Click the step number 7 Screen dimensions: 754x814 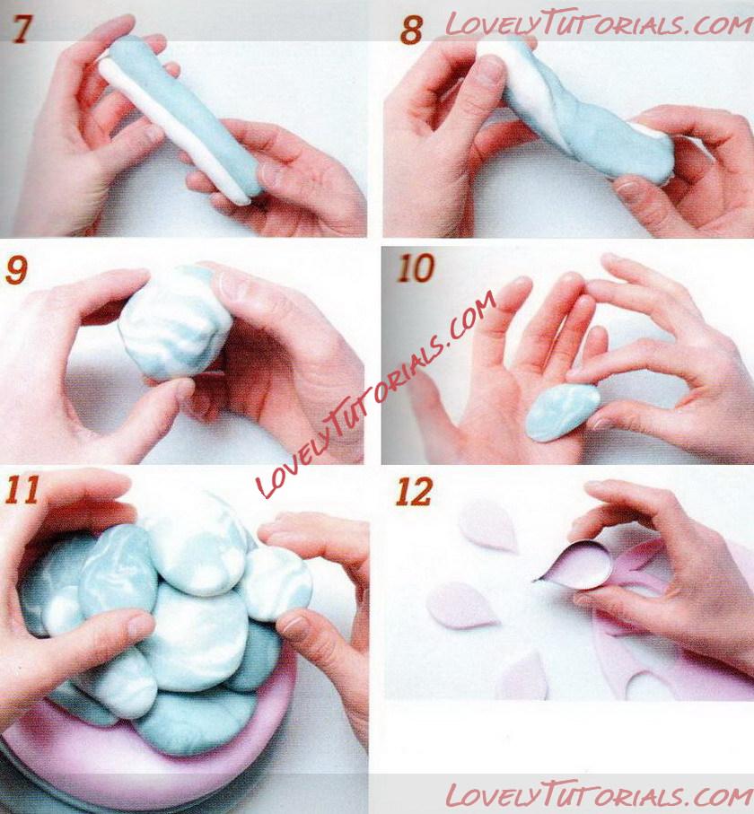[x=22, y=29]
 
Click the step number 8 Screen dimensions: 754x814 [x=411, y=31]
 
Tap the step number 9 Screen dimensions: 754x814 [x=16, y=270]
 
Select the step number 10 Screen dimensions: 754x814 [x=416, y=268]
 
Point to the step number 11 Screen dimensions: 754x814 [x=22, y=489]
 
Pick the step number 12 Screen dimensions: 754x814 [x=414, y=491]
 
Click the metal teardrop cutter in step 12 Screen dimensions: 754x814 [x=575, y=566]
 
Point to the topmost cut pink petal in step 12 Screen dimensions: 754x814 [x=488, y=524]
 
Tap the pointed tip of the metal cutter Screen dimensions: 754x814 [x=535, y=581]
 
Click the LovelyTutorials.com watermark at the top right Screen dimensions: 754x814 [x=598, y=22]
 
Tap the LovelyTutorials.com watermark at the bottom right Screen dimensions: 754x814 [x=598, y=794]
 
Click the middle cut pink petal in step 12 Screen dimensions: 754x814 [x=461, y=605]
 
